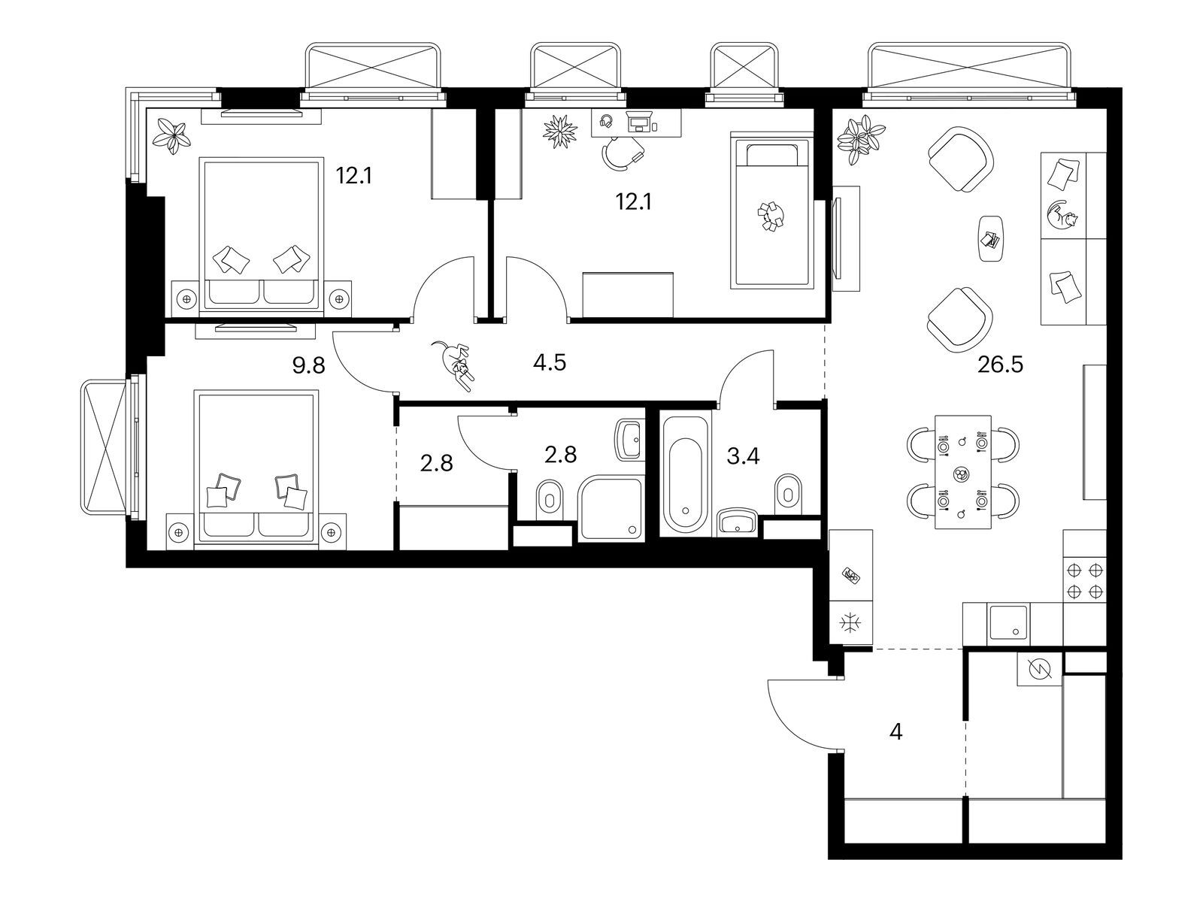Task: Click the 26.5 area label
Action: coord(1000,365)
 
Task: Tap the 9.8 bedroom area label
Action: coord(308,366)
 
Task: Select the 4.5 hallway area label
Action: coord(549,362)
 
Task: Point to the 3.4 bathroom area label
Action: coord(743,456)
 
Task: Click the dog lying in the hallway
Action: coord(454,365)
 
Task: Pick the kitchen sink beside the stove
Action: coord(1008,623)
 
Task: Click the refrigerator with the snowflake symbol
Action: coord(850,622)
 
